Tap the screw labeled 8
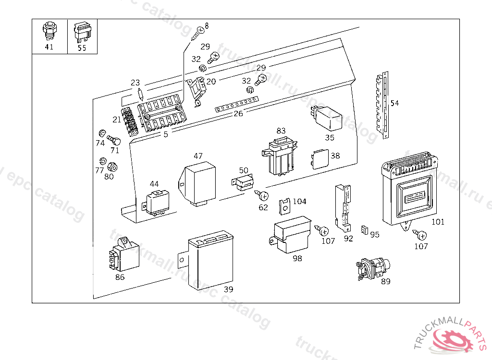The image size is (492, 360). coord(197,33)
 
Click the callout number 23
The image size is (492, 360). coord(135,83)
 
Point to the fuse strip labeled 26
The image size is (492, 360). coord(236,105)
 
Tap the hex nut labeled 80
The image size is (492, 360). coord(112,167)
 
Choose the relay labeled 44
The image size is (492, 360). coord(156,202)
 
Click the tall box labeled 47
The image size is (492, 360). coord(197,184)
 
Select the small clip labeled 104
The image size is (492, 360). coord(284,207)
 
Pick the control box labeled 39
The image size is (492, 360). coord(207,259)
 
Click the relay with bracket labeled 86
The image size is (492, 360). coord(123,254)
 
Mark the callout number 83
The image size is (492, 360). coord(281,131)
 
